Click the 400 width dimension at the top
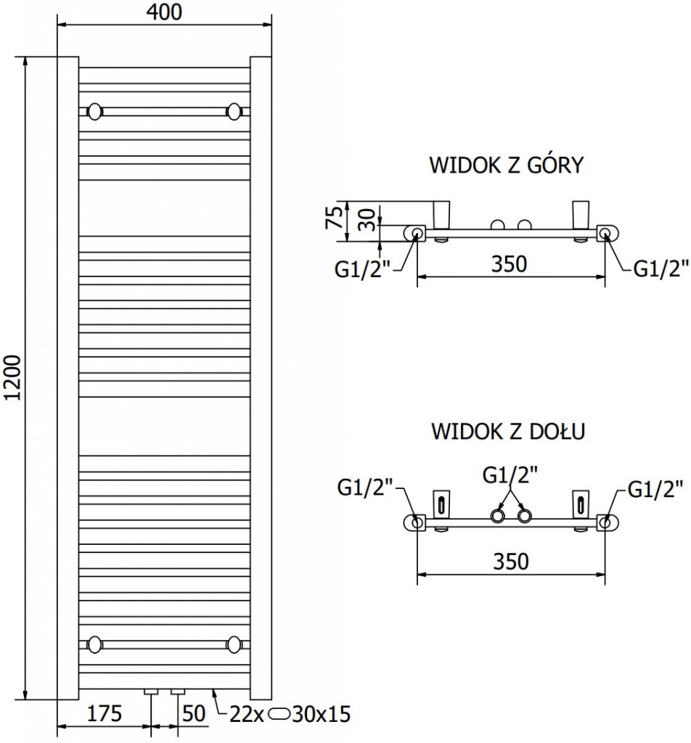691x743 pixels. pos(165,12)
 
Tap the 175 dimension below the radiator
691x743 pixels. pos(105,714)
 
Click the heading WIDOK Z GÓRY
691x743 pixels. pos(507,166)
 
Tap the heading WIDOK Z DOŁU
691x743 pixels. pos(507,432)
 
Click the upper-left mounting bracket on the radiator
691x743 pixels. pos(94,112)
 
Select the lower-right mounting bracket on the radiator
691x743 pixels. pos(234,643)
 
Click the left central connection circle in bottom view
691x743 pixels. pos(497,516)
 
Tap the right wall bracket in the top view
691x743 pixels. pos(581,213)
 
